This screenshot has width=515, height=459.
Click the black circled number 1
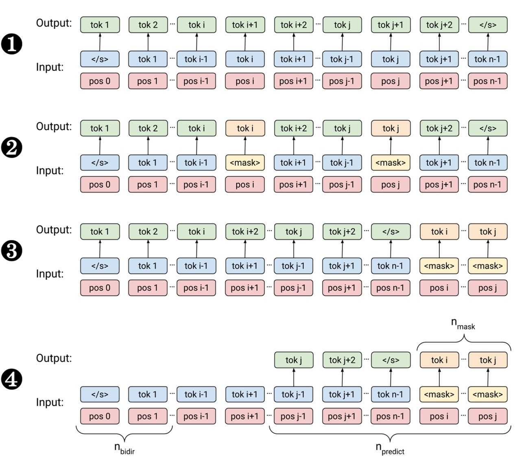coord(12,44)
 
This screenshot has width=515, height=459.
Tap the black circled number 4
coord(12,380)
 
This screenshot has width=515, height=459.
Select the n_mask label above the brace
coord(463,324)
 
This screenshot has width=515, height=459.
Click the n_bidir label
coord(124,448)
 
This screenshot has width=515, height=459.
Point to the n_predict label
coord(390,449)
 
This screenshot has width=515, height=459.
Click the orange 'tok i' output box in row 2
coord(245,128)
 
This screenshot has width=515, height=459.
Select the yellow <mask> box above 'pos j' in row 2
coord(391,163)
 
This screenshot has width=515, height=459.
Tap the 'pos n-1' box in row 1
coord(487,81)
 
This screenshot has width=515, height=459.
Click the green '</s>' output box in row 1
coord(488,25)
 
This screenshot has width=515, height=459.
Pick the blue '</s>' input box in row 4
coord(100,394)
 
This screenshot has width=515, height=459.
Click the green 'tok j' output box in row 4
coord(294,360)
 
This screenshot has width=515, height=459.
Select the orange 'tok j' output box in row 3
coord(488,232)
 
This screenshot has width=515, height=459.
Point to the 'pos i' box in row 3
coord(439,288)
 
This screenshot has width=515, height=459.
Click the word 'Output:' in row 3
coord(54,230)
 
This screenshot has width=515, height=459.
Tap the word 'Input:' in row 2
coord(50,170)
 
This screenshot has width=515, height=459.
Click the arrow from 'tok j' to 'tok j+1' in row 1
coord(391,42)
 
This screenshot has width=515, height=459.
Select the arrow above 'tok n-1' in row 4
coord(391,377)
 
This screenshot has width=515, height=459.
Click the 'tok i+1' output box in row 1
coord(245,25)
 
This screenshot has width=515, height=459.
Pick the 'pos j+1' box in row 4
coord(342,416)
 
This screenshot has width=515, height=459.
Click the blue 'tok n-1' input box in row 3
coord(391,266)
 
